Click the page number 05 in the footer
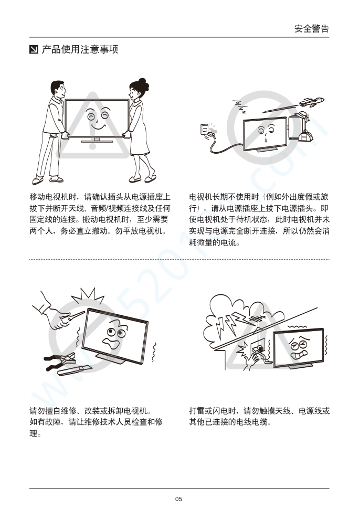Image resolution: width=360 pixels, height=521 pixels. tap(178, 499)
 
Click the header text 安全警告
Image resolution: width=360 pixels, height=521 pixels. tap(312, 28)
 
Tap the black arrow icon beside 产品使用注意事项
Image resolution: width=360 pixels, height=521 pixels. tap(34, 49)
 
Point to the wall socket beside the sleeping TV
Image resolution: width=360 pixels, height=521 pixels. tap(205, 129)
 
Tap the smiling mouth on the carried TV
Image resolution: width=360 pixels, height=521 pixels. tap(97, 127)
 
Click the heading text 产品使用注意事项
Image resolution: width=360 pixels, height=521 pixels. tap(80, 49)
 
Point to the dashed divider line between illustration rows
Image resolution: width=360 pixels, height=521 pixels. tap(179, 259)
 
